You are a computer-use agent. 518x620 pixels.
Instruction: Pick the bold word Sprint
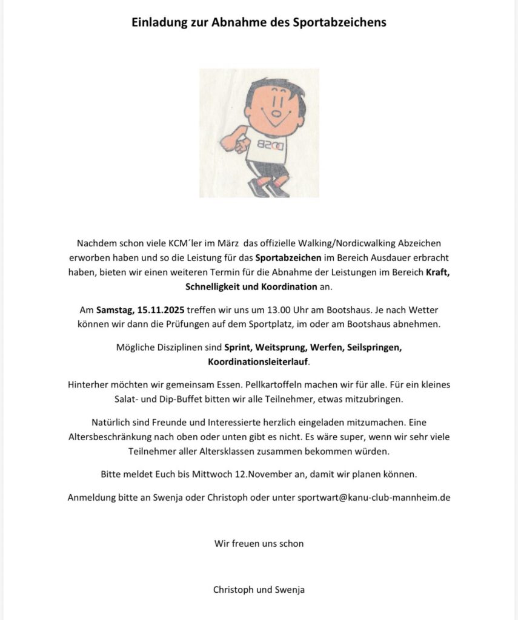[237, 347]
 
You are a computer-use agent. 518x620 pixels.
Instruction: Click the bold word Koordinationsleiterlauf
[257, 361]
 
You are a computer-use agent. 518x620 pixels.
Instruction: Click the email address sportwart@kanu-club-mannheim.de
[374, 498]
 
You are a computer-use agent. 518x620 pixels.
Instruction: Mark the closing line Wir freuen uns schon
[259, 543]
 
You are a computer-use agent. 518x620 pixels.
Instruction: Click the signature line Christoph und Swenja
[259, 589]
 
